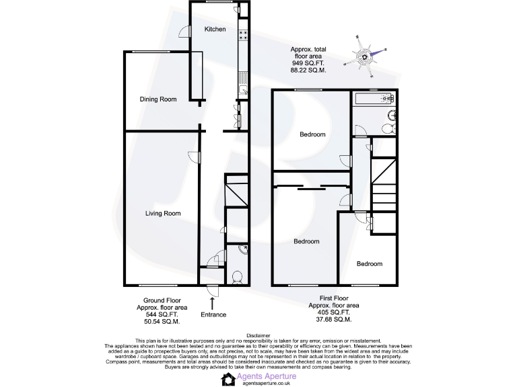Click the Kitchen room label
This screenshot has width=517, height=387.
point(215,30)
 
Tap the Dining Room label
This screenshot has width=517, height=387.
point(158,99)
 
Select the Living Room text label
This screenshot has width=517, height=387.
point(164,214)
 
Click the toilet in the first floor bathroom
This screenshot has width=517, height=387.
point(388,128)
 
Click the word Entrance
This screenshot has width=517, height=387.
point(213,314)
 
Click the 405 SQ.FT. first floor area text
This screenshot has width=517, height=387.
point(333,312)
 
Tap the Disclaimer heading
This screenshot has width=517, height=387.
point(258,335)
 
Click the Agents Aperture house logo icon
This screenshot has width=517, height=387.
point(228,379)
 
